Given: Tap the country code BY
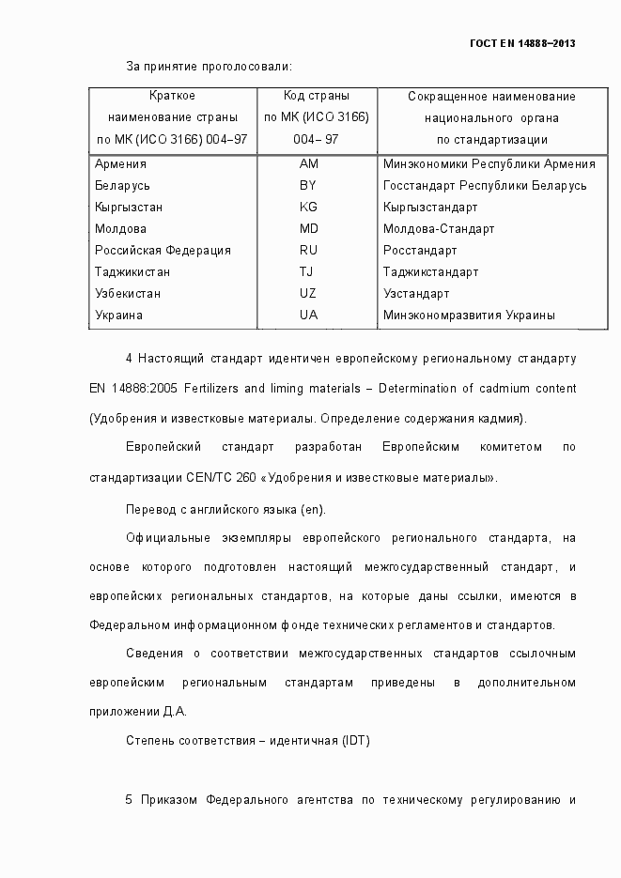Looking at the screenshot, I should (308, 185).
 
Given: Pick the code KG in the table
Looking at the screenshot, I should (308, 207).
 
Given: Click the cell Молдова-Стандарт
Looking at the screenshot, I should (439, 228).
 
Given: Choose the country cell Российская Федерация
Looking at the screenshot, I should (163, 250).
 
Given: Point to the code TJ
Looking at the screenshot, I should (308, 271).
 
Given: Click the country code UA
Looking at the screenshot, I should (308, 315).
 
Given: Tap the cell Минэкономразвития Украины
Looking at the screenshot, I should (469, 315).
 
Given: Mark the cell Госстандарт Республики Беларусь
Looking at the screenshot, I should (485, 185).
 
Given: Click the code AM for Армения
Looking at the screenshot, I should (308, 163).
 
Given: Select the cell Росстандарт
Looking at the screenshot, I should (420, 250).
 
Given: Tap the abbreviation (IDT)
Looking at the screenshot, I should (356, 741).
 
